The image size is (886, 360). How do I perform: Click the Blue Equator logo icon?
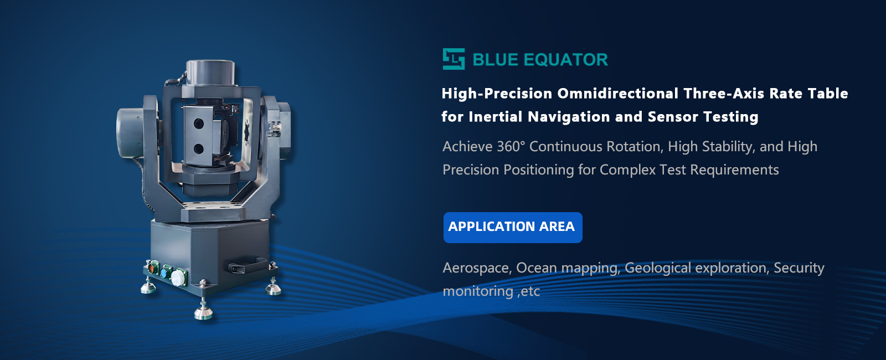pos(454,59)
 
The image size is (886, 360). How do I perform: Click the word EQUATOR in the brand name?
pos(565,60)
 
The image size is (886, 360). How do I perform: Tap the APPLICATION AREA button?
pos(513,228)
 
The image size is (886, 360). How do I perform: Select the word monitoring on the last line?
pos(478,291)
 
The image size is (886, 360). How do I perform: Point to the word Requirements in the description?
pos(734,170)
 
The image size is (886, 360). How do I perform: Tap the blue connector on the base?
pos(166,272)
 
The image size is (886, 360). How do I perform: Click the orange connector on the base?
pos(153,268)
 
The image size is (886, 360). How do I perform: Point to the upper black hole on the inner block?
pos(199,124)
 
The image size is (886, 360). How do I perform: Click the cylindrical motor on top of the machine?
pos(210,72)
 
